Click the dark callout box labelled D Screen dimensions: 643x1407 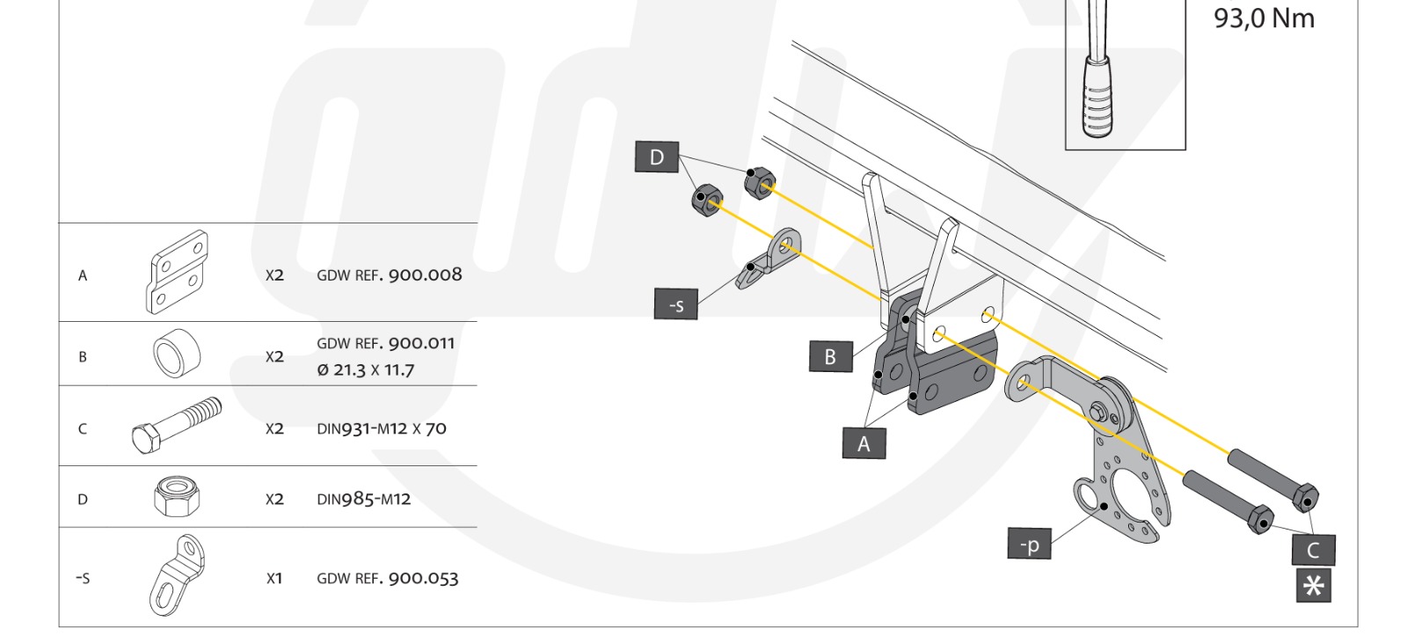(x=656, y=157)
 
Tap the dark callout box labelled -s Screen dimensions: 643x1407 (x=675, y=304)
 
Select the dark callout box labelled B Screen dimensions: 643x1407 (x=830, y=356)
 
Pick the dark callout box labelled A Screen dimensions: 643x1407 (x=863, y=443)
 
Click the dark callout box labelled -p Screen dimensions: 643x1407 (x=1029, y=544)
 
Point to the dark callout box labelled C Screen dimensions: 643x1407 (x=1313, y=550)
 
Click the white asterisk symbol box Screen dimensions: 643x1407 (x=1313, y=586)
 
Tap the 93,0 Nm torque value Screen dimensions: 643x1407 (x=1264, y=18)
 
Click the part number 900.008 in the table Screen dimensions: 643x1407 (x=425, y=274)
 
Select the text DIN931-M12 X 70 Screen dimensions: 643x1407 (x=381, y=428)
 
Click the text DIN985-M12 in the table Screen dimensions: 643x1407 (x=363, y=499)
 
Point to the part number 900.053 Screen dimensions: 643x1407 (x=423, y=578)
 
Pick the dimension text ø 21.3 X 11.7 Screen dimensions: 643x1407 (x=365, y=369)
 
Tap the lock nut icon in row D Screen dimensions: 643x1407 (x=176, y=497)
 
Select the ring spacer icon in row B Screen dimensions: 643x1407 (x=177, y=354)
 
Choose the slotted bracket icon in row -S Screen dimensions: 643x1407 (x=177, y=575)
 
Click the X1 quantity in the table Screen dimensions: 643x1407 (x=274, y=578)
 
